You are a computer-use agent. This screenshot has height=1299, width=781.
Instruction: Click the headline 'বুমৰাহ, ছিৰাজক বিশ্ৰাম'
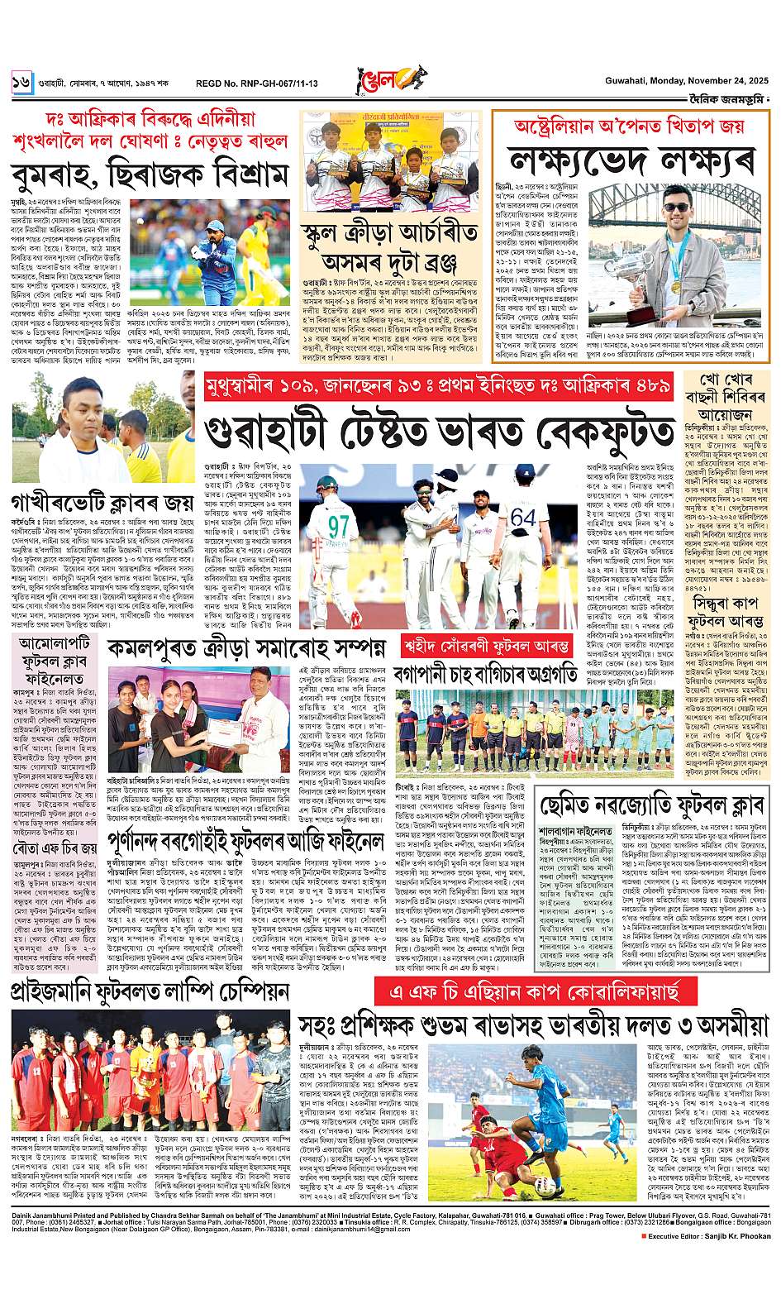(149, 174)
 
